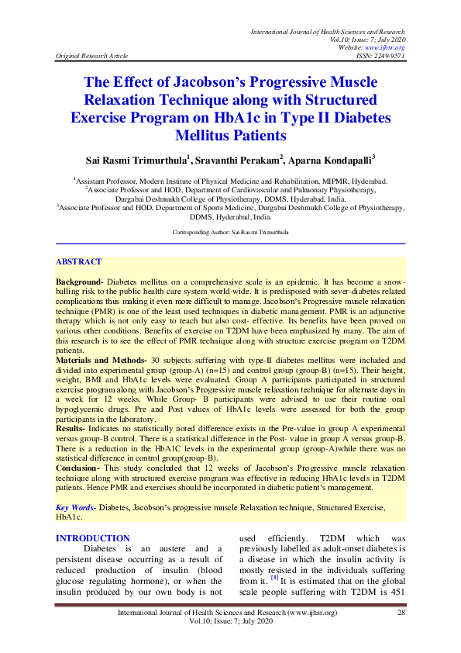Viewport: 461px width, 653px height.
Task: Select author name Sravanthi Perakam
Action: (238, 159)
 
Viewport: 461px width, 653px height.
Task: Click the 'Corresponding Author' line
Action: (230, 232)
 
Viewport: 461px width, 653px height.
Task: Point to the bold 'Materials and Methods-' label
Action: (101, 361)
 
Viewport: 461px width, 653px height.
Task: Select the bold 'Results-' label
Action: (74, 429)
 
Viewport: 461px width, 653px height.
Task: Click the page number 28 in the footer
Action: (401, 613)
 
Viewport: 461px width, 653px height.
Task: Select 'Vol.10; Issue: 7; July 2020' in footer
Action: (230, 624)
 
